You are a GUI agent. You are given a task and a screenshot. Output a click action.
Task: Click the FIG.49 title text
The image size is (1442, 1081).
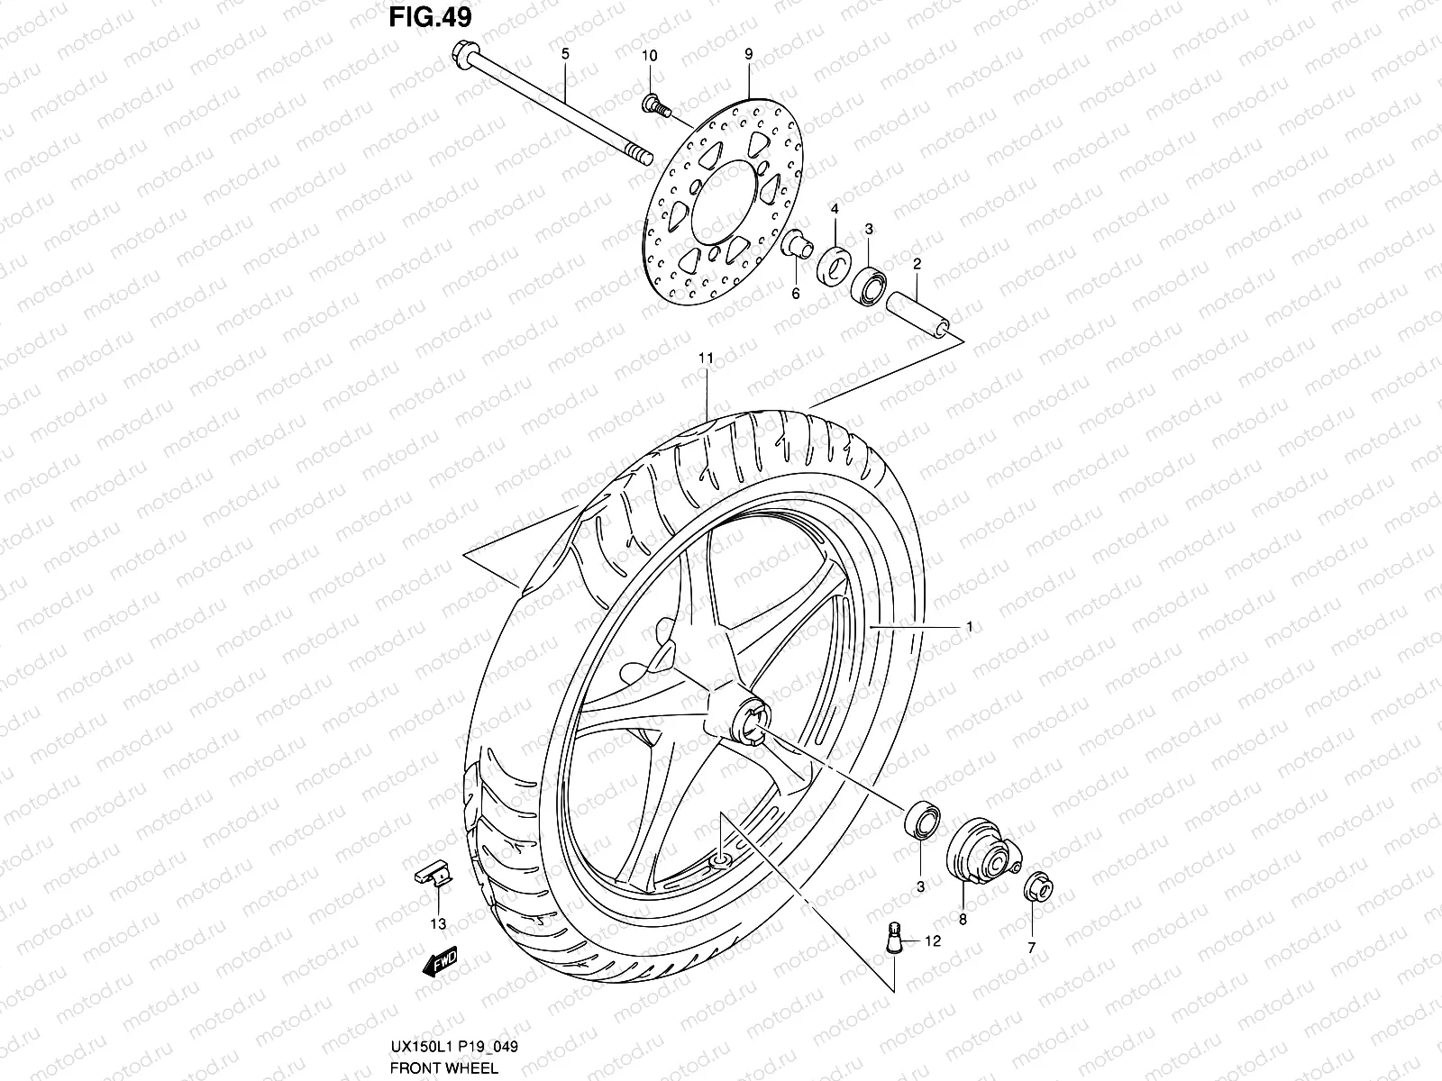coord(428,18)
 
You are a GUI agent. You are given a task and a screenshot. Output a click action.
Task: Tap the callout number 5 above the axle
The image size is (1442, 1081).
coord(565,54)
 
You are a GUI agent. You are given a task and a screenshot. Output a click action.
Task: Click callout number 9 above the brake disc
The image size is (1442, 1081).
coord(748,54)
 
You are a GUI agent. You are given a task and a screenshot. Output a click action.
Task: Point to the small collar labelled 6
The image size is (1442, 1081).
coord(796,244)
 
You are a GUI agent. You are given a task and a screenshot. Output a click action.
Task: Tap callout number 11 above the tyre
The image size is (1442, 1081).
coord(706,358)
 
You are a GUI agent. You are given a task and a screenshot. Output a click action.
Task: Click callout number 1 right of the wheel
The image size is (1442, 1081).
coord(969,626)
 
